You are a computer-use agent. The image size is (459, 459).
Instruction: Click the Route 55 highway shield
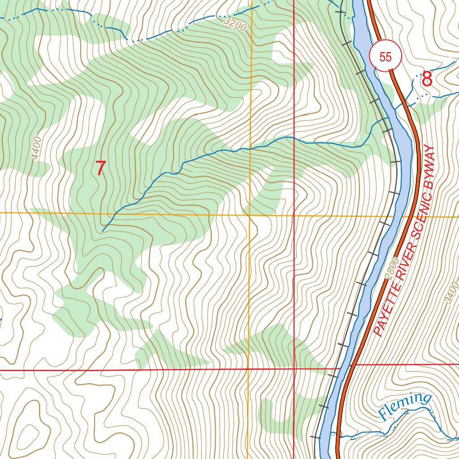click(385, 57)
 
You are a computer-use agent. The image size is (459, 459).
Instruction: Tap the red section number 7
click(100, 168)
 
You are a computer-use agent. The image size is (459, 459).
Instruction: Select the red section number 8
click(427, 80)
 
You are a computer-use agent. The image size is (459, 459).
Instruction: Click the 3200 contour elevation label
click(234, 23)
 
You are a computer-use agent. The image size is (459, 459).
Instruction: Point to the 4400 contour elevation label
click(36, 148)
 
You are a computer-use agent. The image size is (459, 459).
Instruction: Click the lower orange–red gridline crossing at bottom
click(248, 369)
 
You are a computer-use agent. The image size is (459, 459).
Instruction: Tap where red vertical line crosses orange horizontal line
click(294, 216)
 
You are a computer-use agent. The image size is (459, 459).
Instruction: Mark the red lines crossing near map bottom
click(294, 369)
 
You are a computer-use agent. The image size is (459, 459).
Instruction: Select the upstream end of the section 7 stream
click(103, 230)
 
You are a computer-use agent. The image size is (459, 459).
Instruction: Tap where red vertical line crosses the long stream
click(294, 139)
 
